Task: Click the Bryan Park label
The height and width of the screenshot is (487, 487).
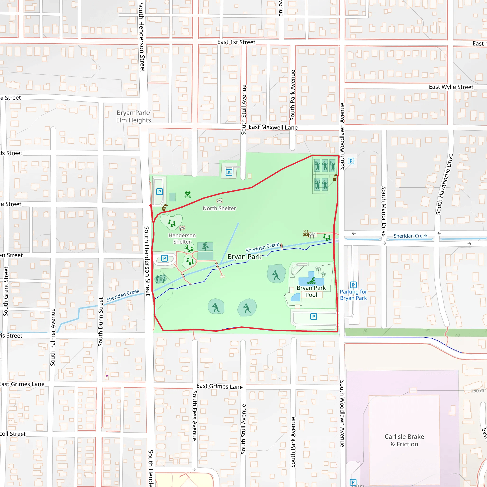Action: [x=244, y=257]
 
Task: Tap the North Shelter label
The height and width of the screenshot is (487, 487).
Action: [x=219, y=208]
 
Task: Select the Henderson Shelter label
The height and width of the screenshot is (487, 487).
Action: [x=182, y=238]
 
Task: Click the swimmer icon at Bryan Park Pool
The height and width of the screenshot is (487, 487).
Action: [x=312, y=281]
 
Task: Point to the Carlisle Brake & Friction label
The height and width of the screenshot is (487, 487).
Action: [x=404, y=440]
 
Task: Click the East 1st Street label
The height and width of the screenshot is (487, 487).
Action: [x=236, y=42]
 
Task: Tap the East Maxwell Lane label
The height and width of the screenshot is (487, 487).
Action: [x=273, y=127]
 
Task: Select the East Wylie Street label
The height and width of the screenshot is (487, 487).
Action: [x=451, y=87]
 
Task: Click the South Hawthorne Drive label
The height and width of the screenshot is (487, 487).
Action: [x=444, y=184]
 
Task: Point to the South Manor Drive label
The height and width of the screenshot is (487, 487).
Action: [x=384, y=211]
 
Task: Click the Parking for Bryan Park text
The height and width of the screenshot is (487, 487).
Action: [x=353, y=295]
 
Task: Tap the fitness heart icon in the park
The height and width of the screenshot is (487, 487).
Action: [x=188, y=194]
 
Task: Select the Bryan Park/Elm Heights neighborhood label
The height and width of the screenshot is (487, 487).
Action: [x=133, y=116]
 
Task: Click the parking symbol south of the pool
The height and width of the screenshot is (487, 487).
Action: [x=313, y=316]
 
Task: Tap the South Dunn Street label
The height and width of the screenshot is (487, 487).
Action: [x=101, y=322]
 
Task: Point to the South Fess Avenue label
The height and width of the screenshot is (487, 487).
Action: [x=195, y=415]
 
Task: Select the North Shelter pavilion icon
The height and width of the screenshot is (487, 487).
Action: [x=219, y=201]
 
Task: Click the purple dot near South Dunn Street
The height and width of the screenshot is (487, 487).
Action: [x=107, y=375]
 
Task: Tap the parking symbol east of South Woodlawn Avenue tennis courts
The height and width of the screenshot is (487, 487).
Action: [x=351, y=161]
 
